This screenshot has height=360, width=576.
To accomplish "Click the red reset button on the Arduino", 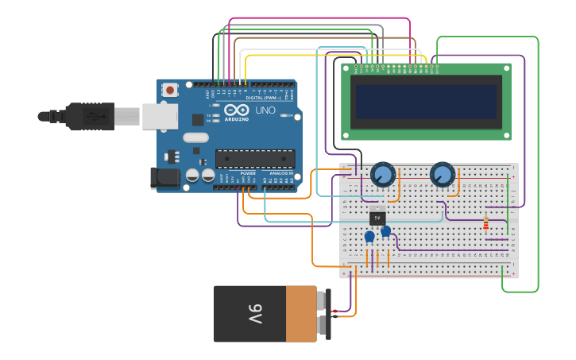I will [x=170, y=91].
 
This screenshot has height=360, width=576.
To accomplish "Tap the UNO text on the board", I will [x=265, y=110].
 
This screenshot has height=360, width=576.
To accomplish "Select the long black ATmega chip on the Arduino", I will [x=254, y=159].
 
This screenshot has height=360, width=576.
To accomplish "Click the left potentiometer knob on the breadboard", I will [x=383, y=174].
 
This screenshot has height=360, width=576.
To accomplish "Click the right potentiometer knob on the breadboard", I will [x=443, y=174].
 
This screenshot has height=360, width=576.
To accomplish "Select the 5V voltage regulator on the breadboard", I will [x=377, y=216].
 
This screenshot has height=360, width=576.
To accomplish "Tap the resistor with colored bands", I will [x=486, y=223].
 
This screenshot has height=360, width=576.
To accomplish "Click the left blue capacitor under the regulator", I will [x=369, y=237].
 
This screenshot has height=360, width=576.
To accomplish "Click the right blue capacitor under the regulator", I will [x=386, y=231].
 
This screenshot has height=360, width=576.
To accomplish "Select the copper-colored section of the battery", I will [x=301, y=314].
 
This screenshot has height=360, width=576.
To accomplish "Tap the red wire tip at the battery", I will [x=336, y=311].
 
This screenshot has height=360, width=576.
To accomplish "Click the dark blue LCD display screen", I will [x=427, y=102].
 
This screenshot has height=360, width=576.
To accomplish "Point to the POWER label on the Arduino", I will [x=248, y=172].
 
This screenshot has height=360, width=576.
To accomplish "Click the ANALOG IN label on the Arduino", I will [x=280, y=172].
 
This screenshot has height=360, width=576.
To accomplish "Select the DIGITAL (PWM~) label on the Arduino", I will [x=264, y=97].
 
